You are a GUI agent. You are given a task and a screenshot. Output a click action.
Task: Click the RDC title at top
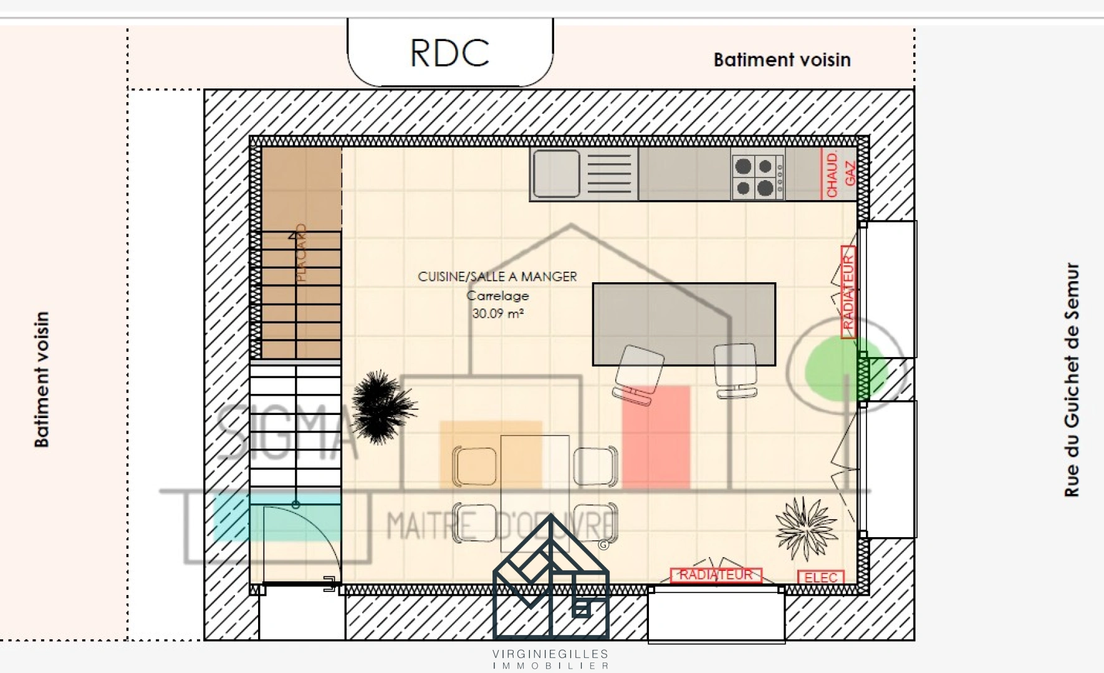pos(449,53)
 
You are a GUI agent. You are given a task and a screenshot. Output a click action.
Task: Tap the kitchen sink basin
pos(556,173)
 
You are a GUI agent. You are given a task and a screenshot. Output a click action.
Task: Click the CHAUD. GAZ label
pos(840,174)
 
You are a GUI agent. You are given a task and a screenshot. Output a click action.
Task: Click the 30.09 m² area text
pos(497,313)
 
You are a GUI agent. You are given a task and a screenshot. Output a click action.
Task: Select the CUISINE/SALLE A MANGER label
pos(497,276)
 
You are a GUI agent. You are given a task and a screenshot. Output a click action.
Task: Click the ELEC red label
pos(820,578)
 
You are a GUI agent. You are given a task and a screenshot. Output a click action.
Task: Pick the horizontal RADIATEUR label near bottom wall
pos(716,575)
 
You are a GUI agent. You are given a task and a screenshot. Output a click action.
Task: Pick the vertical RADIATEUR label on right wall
pos(848,292)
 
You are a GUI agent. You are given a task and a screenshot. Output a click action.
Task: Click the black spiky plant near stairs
pos(381,407)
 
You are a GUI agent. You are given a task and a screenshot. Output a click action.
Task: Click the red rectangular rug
pos(656,436)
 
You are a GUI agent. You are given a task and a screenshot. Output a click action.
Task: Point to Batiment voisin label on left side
pos(41,379)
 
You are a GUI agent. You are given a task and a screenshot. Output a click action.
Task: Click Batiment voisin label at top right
pos(782,60)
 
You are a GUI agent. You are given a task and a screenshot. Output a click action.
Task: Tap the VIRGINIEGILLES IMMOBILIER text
pos(550,659)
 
